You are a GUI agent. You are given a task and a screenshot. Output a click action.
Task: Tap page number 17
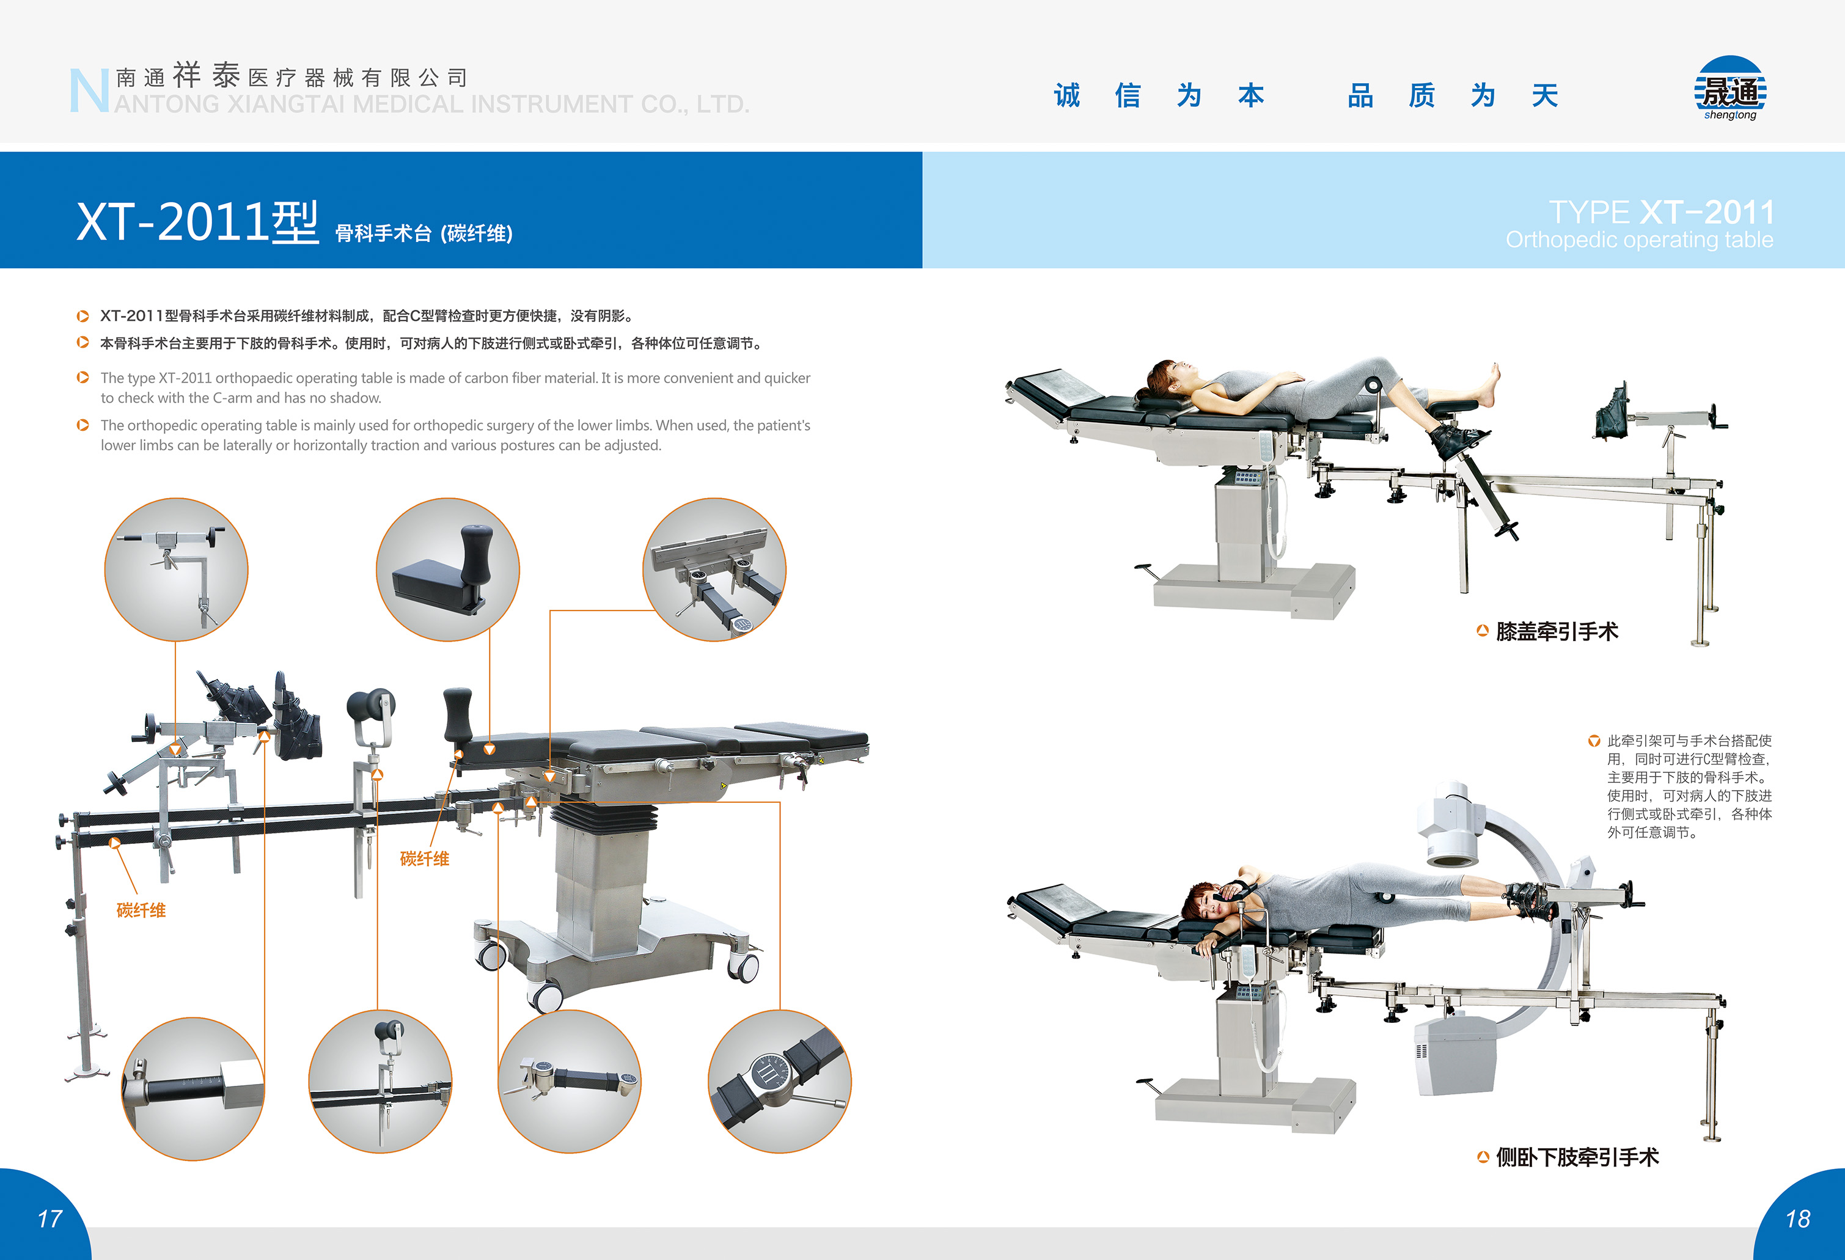point(50,1218)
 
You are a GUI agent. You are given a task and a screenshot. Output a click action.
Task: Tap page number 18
point(1797,1218)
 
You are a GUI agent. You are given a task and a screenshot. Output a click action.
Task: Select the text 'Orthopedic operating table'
point(1640,240)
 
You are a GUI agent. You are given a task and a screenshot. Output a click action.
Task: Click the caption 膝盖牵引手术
point(1557,632)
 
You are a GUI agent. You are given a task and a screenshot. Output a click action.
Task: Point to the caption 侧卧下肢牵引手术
point(1577,1157)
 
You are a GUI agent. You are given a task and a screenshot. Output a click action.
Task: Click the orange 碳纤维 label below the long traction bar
point(141,910)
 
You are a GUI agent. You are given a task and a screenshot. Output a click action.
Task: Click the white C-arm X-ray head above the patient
point(1452,823)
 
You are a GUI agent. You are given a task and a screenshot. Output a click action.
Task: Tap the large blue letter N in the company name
point(88,90)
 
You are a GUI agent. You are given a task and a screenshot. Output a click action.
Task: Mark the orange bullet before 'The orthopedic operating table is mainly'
point(83,425)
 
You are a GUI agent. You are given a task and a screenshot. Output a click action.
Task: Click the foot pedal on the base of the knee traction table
point(1146,570)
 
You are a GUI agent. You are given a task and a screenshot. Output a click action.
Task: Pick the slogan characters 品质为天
point(1453,96)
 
